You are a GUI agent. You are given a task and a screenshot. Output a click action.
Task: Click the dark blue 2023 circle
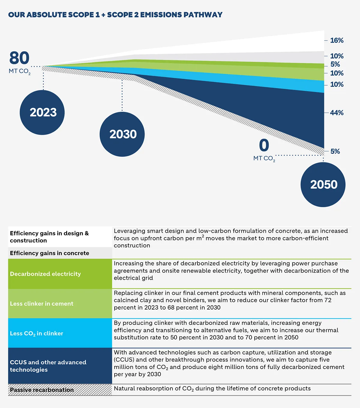(x=42, y=113)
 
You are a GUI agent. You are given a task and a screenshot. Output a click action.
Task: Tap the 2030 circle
(x=122, y=134)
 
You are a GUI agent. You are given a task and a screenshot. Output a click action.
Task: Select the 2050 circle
(x=323, y=185)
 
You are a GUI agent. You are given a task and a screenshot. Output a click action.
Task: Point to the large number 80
(x=19, y=58)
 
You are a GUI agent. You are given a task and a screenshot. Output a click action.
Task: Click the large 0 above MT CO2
(x=264, y=145)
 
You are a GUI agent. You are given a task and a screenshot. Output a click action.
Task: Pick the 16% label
(x=337, y=41)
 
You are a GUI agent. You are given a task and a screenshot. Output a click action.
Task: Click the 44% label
(x=337, y=113)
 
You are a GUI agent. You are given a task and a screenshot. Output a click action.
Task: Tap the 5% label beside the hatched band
(x=335, y=151)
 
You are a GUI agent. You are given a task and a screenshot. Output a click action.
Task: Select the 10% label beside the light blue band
(x=337, y=85)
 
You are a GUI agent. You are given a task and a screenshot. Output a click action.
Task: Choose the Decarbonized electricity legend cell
(x=60, y=274)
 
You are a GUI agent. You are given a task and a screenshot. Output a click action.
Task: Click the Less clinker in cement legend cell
(x=60, y=304)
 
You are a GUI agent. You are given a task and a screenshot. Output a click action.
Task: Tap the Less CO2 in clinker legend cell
(x=60, y=333)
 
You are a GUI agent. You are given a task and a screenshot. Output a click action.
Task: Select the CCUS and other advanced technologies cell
(x=60, y=366)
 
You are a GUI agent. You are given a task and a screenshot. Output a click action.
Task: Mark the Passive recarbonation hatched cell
(x=60, y=390)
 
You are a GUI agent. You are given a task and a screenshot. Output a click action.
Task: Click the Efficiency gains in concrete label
(x=49, y=253)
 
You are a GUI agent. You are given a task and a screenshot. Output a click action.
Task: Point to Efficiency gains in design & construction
(x=49, y=237)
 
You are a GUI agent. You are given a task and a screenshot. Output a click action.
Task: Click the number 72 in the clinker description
(x=328, y=300)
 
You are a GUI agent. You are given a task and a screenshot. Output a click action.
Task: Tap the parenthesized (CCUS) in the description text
(x=124, y=360)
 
